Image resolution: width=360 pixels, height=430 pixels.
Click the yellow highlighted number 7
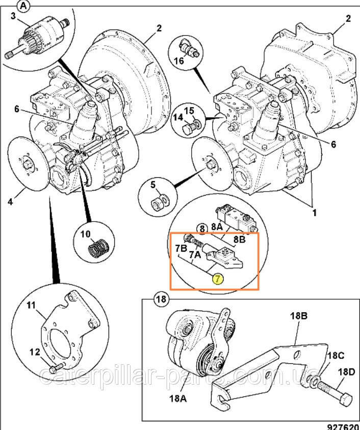pos(218,279)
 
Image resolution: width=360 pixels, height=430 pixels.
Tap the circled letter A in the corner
pos(23,6)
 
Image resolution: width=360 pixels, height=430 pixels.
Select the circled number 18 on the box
pos(161,299)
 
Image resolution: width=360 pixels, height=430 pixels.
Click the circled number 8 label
pos(202,228)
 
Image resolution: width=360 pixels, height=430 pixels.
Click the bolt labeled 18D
pos(335,395)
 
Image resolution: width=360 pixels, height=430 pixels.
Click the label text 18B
pos(299,316)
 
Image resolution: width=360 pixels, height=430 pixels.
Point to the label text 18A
pos(178,398)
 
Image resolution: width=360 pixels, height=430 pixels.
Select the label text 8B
pos(239,239)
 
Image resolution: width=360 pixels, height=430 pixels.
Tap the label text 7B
pos(181,249)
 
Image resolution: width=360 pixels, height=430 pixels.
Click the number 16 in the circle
pos(179,61)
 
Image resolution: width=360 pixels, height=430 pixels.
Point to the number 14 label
pos(177,117)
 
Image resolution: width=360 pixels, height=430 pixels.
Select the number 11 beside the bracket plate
pos(31,305)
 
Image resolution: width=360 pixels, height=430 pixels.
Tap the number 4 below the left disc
pos(10,202)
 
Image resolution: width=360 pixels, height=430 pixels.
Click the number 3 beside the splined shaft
pos(13,16)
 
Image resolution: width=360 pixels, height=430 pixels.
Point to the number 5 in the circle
pos(153,184)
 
